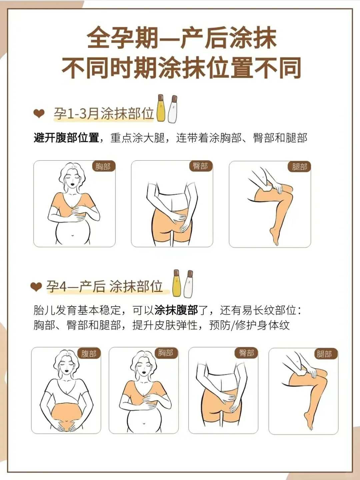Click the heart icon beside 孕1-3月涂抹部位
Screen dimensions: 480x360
pos(39,114)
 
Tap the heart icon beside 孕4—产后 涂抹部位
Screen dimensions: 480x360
pos(36,286)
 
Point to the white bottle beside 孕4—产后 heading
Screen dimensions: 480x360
pos(189,284)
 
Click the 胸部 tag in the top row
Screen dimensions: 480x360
pos(103,166)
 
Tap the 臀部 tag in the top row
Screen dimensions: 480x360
pos(200,166)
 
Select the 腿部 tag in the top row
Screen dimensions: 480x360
pos(299,167)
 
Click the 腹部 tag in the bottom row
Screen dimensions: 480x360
pos(89,353)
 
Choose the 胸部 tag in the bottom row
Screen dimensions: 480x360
pos(166,353)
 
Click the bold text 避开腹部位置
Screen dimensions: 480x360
pos(66,138)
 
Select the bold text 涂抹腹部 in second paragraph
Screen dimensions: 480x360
pos(176,310)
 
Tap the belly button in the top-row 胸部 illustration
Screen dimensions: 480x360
pos(72,235)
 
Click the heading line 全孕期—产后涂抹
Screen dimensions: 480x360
pos(182,38)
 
